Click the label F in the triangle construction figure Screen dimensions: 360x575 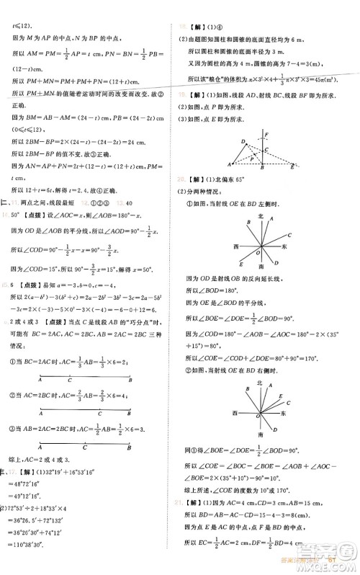(x=266, y=135)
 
